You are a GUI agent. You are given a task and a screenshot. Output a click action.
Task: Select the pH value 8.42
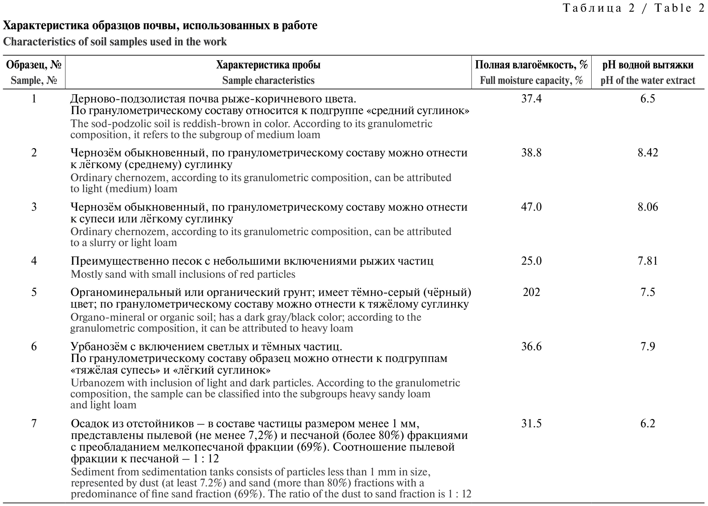tap(647, 153)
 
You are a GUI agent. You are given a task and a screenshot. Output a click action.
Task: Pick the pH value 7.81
tap(647, 261)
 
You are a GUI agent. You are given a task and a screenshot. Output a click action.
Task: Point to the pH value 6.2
tap(647, 423)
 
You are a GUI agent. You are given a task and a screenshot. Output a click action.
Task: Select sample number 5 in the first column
tap(34, 292)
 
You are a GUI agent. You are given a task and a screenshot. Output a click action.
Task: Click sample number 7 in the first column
tap(34, 423)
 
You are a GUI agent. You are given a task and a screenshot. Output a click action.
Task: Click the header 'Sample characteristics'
tap(268, 81)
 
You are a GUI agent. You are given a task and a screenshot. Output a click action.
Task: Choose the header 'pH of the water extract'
tap(648, 81)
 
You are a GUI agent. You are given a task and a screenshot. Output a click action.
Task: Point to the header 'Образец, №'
tap(34, 65)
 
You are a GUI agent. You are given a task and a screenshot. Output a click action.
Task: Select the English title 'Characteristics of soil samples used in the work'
tap(115, 42)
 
